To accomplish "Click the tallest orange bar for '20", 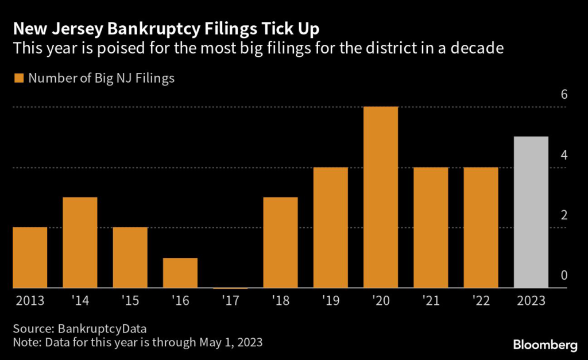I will [x=381, y=197].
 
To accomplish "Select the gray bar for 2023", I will [x=531, y=212].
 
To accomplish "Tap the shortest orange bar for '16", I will [x=180, y=273].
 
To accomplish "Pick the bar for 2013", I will [x=30, y=257].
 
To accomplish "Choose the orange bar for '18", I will [x=280, y=242].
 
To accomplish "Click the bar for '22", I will [x=481, y=227].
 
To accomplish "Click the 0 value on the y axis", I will [x=564, y=276].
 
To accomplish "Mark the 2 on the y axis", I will [x=564, y=215].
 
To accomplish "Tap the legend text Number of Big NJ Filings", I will [x=101, y=78].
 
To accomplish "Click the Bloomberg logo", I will [x=545, y=344].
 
